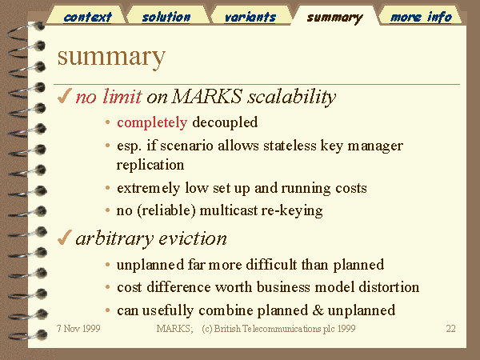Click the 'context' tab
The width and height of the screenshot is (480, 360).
(x=87, y=17)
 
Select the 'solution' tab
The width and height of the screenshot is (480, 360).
(x=166, y=17)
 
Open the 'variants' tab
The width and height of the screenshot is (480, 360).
(x=250, y=17)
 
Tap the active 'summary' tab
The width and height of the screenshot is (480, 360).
(x=335, y=18)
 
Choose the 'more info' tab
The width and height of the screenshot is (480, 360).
(x=421, y=17)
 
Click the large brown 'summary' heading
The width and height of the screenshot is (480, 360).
(x=111, y=57)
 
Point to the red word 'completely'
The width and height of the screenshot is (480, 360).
(x=152, y=122)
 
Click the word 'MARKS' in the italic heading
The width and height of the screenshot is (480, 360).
(x=207, y=96)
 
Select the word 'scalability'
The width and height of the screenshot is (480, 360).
(x=292, y=98)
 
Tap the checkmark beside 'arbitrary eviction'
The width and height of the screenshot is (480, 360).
(x=64, y=238)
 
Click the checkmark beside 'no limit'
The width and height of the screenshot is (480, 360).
(x=64, y=95)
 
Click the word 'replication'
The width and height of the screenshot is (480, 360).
(x=150, y=166)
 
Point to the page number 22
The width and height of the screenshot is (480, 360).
(x=450, y=329)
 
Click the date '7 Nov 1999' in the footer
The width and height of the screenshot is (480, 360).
(x=78, y=329)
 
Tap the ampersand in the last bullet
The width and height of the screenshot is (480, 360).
(x=318, y=310)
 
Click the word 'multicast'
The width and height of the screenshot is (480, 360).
(x=228, y=210)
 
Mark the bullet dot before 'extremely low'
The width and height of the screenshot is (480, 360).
(x=107, y=188)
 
